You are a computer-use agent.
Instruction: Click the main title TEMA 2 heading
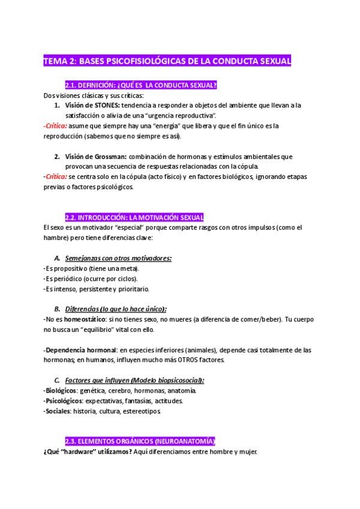click(x=167, y=61)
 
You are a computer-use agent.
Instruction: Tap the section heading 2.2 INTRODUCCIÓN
click(x=134, y=217)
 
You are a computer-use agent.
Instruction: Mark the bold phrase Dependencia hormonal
click(x=74, y=349)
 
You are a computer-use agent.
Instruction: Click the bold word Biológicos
click(x=59, y=390)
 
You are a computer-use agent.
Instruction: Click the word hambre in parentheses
click(x=56, y=237)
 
